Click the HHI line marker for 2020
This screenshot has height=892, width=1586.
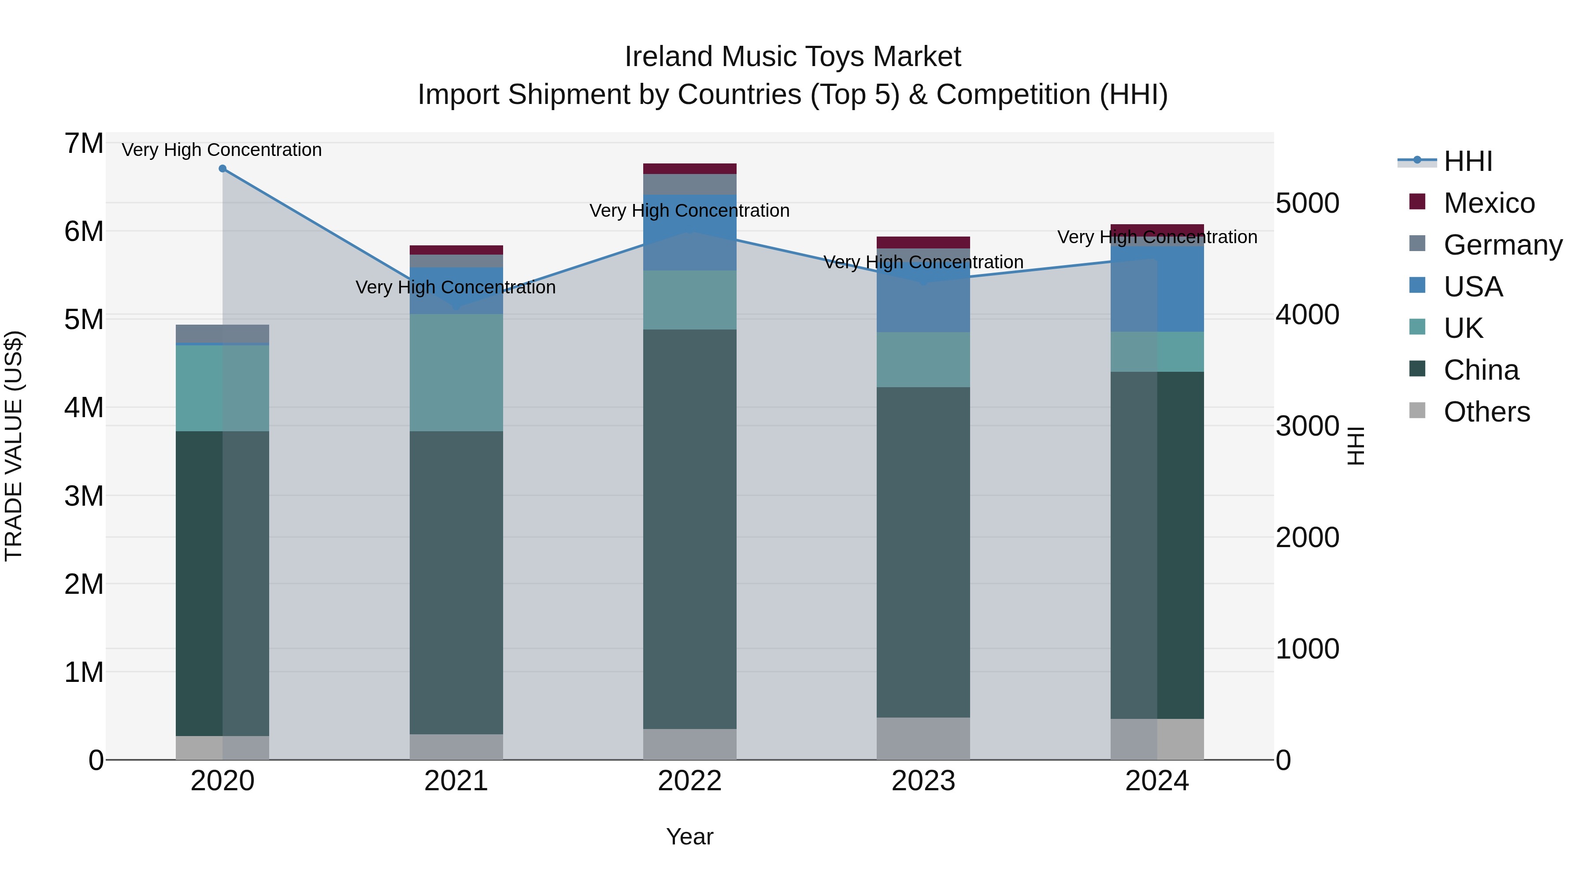point(222,168)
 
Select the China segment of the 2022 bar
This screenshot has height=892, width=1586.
point(689,529)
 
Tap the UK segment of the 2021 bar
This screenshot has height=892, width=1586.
point(456,372)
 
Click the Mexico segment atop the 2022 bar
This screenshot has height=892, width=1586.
point(689,169)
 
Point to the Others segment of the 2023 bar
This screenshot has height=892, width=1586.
point(923,738)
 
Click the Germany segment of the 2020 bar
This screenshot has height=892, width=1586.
point(222,333)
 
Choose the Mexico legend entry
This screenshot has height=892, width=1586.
point(1471,203)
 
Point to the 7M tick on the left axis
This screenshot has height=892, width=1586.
point(84,144)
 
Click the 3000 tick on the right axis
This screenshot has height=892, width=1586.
point(1307,426)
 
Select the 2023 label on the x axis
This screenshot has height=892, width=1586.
point(923,781)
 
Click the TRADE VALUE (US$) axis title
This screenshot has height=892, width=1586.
point(14,446)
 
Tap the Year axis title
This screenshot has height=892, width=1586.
point(689,836)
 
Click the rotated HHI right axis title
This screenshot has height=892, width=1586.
point(1356,446)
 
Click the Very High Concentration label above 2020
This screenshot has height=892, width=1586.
point(222,150)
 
